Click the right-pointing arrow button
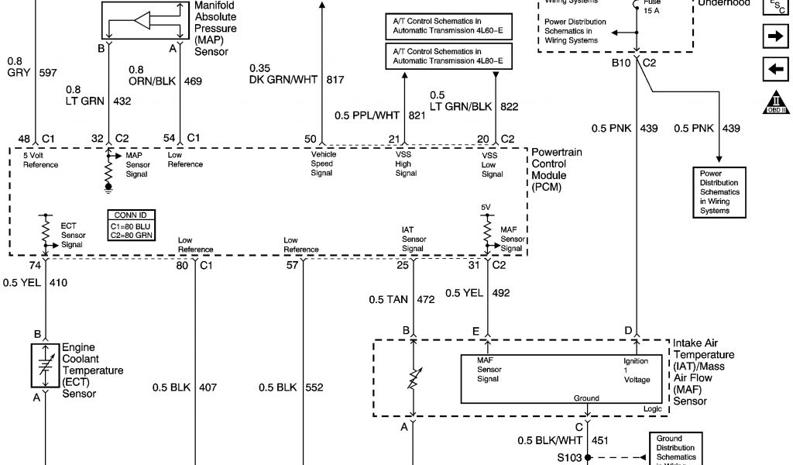(x=774, y=36)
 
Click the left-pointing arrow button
(x=774, y=69)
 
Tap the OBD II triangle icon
(x=774, y=102)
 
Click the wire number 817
(x=335, y=79)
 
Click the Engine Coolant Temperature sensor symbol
(x=46, y=367)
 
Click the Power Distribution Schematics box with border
(x=720, y=192)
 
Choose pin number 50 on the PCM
(x=310, y=139)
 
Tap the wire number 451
(x=600, y=440)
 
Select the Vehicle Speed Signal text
(x=322, y=164)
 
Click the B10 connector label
(x=621, y=61)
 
